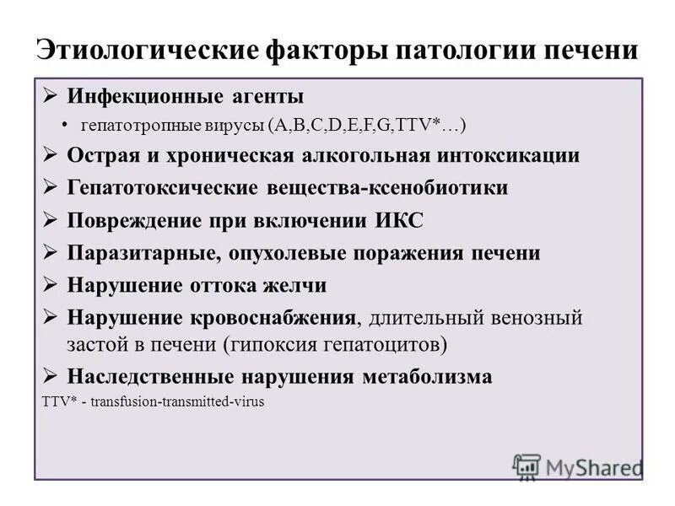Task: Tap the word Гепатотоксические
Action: (166, 188)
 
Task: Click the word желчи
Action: (296, 286)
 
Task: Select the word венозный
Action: (541, 318)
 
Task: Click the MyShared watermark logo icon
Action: (526, 466)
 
